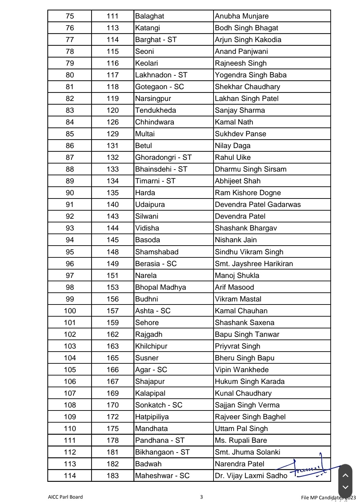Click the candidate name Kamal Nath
(x=234, y=122)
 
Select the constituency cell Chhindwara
(x=155, y=122)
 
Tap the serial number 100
(x=70, y=311)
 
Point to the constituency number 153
(x=112, y=287)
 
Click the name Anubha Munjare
(x=242, y=16)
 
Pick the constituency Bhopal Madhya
(x=160, y=287)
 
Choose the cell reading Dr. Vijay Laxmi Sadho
(x=251, y=476)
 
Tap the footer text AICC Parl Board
(x=65, y=497)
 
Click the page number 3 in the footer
(x=201, y=497)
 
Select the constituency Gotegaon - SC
(x=159, y=87)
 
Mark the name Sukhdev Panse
(x=240, y=134)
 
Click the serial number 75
(x=70, y=16)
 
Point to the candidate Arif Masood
(x=234, y=287)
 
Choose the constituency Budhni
(x=146, y=299)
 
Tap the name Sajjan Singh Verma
(x=247, y=405)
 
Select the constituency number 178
(x=112, y=440)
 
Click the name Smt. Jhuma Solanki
(x=248, y=452)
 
